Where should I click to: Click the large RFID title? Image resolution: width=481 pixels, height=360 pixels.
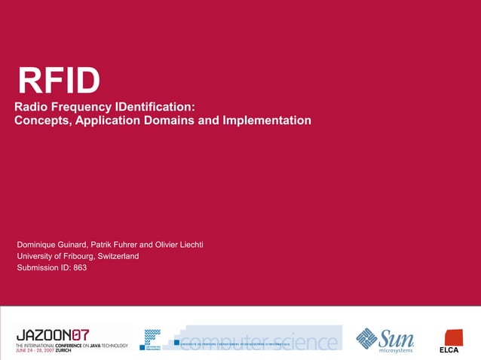[x=59, y=81]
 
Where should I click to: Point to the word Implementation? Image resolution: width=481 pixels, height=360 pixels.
[x=266, y=121]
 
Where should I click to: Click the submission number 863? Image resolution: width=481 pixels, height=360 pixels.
[x=81, y=267]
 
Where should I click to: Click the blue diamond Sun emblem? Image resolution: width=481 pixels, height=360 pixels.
[x=366, y=338]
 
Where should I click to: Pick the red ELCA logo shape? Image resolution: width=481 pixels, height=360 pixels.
[x=453, y=337]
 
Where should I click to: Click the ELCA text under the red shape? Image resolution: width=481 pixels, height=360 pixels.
[x=449, y=350]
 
